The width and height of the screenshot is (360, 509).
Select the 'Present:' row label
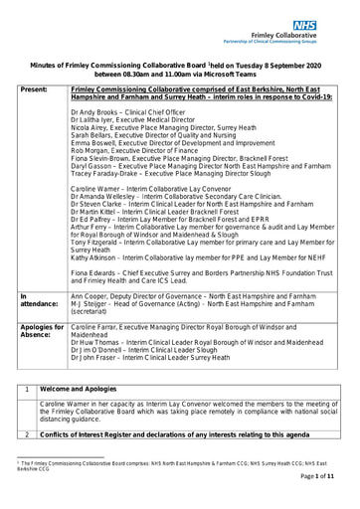35,87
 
